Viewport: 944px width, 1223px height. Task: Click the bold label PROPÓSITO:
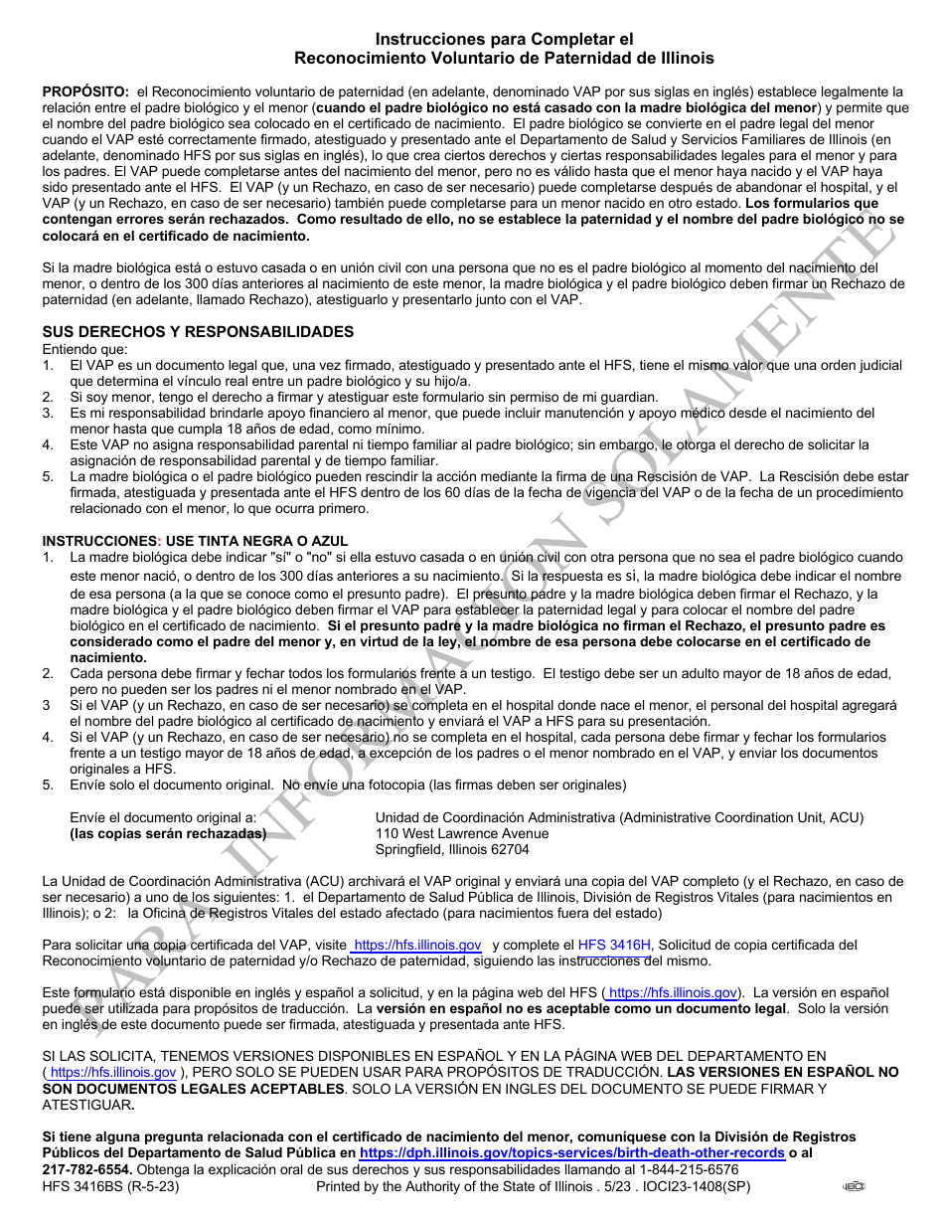pyautogui.click(x=85, y=91)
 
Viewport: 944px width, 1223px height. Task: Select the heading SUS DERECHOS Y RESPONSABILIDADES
pyautogui.click(x=197, y=332)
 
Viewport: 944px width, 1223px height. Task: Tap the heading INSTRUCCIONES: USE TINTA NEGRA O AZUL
pyautogui.click(x=181, y=541)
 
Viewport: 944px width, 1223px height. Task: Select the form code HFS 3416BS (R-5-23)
pyautogui.click(x=110, y=1186)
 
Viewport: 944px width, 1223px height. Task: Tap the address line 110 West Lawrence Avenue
pyautogui.click(x=462, y=834)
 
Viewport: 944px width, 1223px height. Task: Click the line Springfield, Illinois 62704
pyautogui.click(x=452, y=850)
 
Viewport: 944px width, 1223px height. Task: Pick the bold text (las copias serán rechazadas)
pyautogui.click(x=168, y=834)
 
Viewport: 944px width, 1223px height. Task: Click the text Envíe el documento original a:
pyautogui.click(x=163, y=818)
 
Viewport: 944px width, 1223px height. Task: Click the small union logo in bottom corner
pyautogui.click(x=854, y=1186)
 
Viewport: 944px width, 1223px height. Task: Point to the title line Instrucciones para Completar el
pyautogui.click(x=504, y=40)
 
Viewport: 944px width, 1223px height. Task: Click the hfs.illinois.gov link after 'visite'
pyautogui.click(x=417, y=946)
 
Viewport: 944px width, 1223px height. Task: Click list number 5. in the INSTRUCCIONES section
pyautogui.click(x=48, y=786)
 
